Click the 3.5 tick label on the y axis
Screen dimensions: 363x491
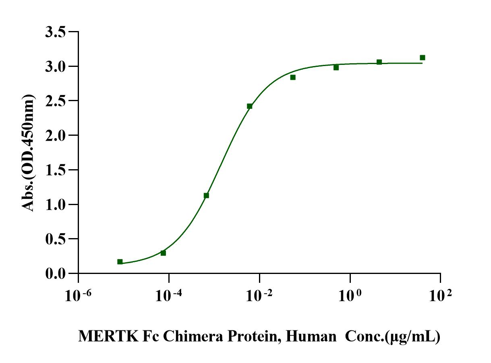point(56,32)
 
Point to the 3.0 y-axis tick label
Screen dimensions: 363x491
point(56,66)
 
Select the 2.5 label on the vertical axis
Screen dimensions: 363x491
point(56,101)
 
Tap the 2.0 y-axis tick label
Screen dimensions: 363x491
point(56,135)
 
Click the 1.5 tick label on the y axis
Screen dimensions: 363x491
point(56,170)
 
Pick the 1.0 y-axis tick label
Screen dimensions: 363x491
point(56,205)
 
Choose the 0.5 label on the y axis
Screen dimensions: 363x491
point(56,239)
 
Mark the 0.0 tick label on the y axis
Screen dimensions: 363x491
point(56,274)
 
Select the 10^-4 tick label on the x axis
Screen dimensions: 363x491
point(168,297)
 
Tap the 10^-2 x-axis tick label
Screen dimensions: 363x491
point(259,297)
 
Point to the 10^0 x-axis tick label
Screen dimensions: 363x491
point(350,297)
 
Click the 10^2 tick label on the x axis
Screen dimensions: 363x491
point(440,297)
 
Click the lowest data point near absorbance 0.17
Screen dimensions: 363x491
point(120,262)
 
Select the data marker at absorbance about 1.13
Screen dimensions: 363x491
point(206,195)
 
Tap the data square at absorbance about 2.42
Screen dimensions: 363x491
point(250,106)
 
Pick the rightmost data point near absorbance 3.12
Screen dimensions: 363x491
point(423,58)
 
